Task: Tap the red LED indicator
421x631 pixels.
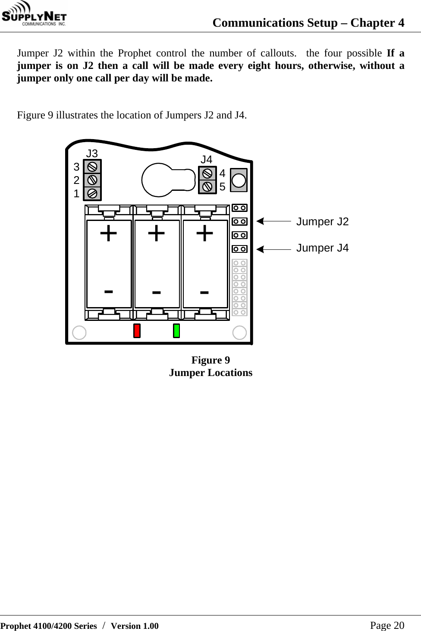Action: tap(137, 331)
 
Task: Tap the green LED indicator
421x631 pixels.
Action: tap(176, 331)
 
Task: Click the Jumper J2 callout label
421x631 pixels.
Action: tap(323, 221)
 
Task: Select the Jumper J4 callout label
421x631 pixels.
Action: tap(323, 248)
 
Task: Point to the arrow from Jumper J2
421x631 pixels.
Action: tap(274, 221)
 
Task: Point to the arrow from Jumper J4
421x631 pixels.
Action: tap(274, 249)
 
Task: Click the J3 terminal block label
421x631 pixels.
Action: tap(92, 153)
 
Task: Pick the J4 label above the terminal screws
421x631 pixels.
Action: tap(207, 159)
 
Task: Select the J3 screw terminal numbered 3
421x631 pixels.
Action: tap(92, 167)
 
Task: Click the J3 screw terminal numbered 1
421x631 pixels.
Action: tap(92, 193)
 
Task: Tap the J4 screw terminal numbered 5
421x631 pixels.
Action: tap(207, 187)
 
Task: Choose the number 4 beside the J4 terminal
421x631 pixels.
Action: tap(223, 174)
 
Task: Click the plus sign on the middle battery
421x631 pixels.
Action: tap(156, 234)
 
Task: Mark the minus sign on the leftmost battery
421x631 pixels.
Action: tap(109, 292)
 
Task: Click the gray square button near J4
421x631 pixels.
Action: tap(239, 180)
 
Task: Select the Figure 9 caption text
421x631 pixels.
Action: tap(210, 360)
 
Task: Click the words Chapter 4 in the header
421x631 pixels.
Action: tap(377, 22)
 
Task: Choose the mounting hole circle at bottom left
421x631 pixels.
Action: tap(79, 333)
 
